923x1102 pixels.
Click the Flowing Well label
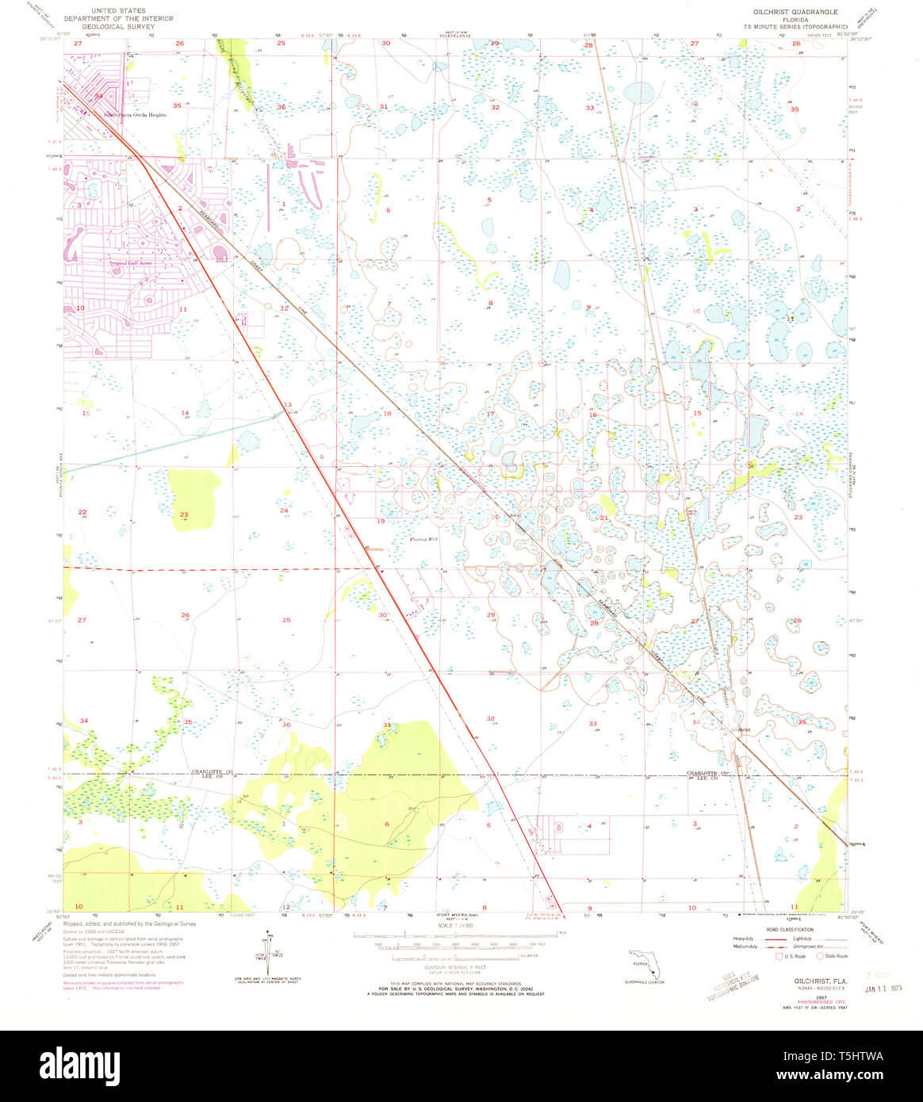(423, 539)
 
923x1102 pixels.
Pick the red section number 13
(288, 404)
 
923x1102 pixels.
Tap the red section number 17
(490, 414)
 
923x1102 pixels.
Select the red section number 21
(603, 518)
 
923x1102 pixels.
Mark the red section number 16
(592, 415)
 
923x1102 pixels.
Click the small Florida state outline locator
(645, 963)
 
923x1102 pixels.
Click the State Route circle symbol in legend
(820, 956)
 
